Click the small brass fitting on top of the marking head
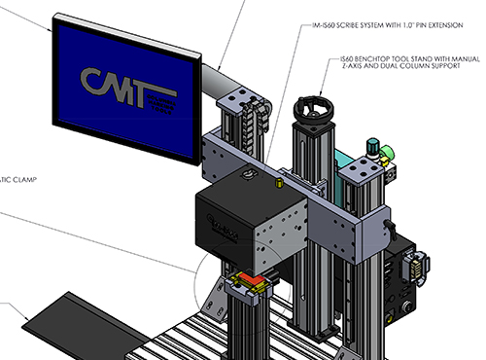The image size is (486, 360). [278, 181]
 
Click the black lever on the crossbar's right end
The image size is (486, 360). [393, 226]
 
